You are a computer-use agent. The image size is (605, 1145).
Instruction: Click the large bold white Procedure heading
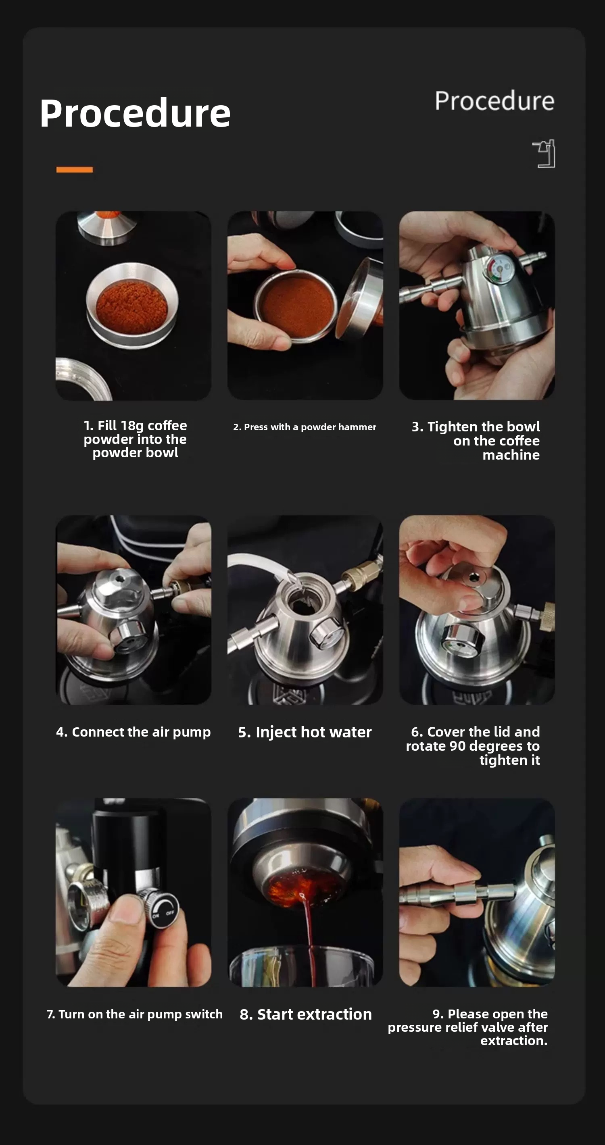[x=135, y=114]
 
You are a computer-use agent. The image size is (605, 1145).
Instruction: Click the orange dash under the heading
[x=75, y=169]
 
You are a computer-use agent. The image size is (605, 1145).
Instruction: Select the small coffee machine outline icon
[x=544, y=154]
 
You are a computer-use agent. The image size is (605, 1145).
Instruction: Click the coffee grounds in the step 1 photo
[x=131, y=306]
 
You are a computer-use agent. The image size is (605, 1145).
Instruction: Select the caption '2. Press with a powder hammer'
[x=305, y=427]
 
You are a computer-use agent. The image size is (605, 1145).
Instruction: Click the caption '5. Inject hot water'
[x=305, y=732]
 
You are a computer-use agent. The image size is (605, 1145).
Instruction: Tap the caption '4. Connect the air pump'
[x=134, y=732]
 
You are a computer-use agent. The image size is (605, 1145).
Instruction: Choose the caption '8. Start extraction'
[x=305, y=1014]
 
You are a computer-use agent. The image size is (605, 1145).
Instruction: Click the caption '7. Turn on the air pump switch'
[x=135, y=1014]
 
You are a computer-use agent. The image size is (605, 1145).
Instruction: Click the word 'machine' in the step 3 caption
[x=511, y=455]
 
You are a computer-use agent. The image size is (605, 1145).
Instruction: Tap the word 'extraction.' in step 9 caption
[x=514, y=1041]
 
